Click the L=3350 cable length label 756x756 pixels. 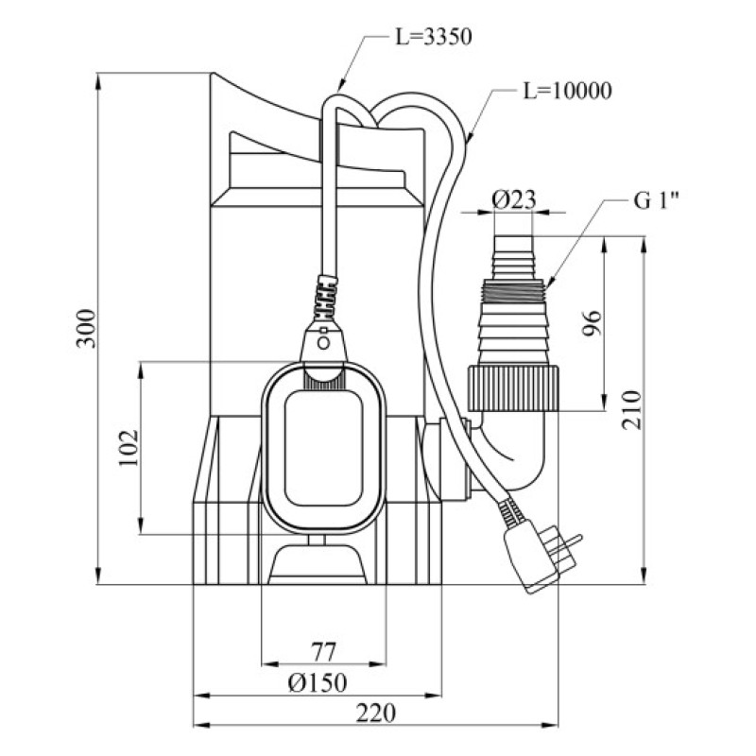[x=430, y=38]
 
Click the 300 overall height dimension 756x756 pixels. [x=86, y=327]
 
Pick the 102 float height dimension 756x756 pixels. [x=129, y=447]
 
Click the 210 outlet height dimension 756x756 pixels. [x=633, y=408]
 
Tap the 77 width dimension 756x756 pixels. [x=324, y=652]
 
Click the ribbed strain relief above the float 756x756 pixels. [x=324, y=295]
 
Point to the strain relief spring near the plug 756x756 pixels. [x=509, y=515]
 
